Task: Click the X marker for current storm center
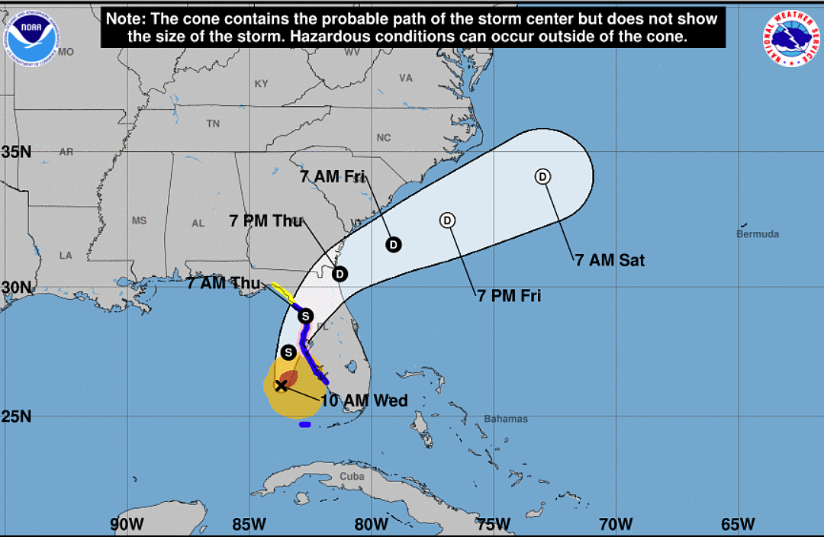[x=281, y=385]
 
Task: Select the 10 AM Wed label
[x=364, y=400]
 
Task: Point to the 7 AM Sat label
[x=610, y=260]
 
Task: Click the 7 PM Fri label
[x=509, y=296]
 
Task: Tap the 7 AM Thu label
[x=224, y=283]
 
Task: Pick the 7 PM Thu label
[x=266, y=221]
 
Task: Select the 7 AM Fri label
[x=332, y=177]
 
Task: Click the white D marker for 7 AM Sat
[x=542, y=177]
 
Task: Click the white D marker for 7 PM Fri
[x=448, y=220]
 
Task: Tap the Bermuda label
[x=758, y=234]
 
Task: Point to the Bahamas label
[x=506, y=419]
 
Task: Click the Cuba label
[x=352, y=476]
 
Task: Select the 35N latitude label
[x=16, y=152]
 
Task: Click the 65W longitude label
[x=737, y=524]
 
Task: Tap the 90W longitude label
[x=127, y=524]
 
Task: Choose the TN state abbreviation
[x=213, y=124]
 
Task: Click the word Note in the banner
[x=127, y=18]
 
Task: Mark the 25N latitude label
[x=16, y=417]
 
